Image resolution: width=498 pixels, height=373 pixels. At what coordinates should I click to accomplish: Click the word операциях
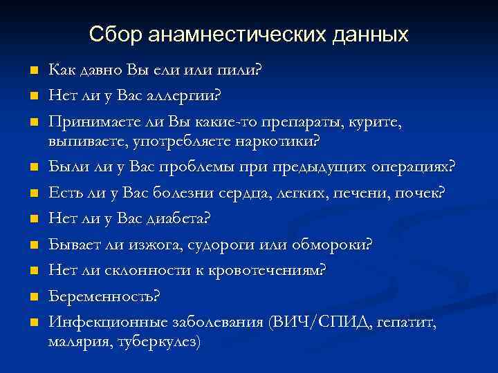(413, 168)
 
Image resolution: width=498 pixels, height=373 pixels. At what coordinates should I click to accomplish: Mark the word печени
(364, 193)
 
